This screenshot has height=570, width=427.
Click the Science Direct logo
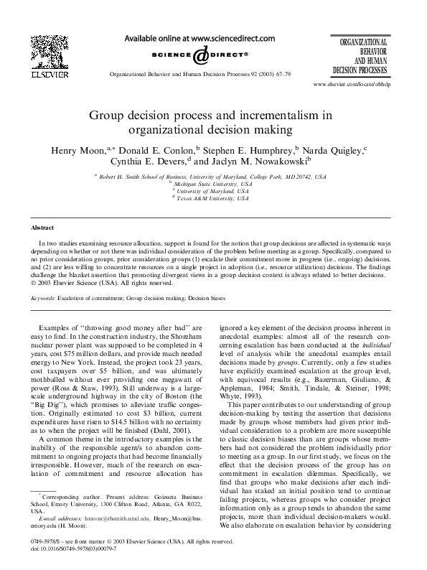200,55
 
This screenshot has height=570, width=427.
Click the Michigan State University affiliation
213,184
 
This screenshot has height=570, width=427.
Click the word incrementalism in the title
271,114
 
